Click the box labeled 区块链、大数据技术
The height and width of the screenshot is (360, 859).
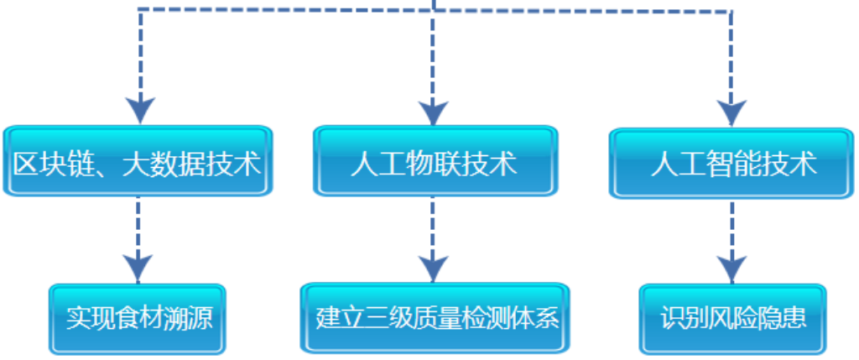[x=138, y=162]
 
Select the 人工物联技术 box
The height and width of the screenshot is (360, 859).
[x=434, y=162]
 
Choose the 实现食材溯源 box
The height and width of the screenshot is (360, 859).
[x=138, y=319]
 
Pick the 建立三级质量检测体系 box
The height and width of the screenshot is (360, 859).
[x=435, y=318]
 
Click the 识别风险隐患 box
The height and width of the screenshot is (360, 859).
[x=733, y=320]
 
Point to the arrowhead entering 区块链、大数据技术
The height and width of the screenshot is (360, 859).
[x=139, y=109]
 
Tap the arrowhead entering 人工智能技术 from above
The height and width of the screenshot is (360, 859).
[x=731, y=112]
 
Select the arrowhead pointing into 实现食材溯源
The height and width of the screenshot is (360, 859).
[x=138, y=268]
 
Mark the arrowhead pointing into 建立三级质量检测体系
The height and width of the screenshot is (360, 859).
[x=433, y=268]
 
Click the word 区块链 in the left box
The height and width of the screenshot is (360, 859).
[x=51, y=163]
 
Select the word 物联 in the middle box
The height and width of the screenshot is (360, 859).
[x=434, y=162]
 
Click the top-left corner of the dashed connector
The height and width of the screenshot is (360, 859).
[x=139, y=9]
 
